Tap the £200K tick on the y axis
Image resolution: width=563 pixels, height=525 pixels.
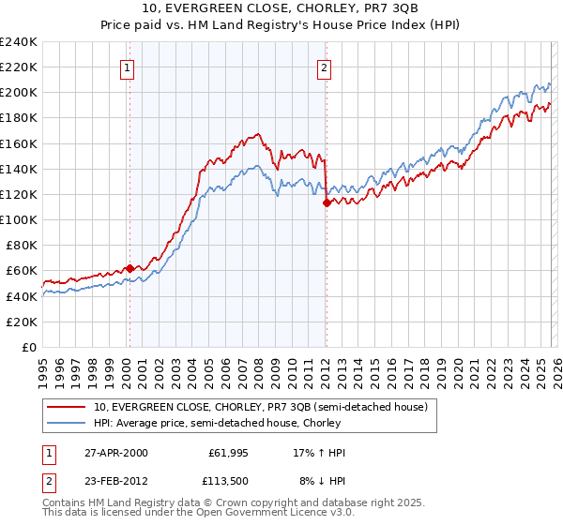19,92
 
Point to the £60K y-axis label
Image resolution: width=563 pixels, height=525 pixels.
22,270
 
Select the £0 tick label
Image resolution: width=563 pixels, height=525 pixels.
30,347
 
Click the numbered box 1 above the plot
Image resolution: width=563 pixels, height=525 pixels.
126,67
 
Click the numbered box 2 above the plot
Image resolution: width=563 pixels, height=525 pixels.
324,67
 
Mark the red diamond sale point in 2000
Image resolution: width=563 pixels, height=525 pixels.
129,267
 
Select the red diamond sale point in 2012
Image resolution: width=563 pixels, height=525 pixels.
326,202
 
